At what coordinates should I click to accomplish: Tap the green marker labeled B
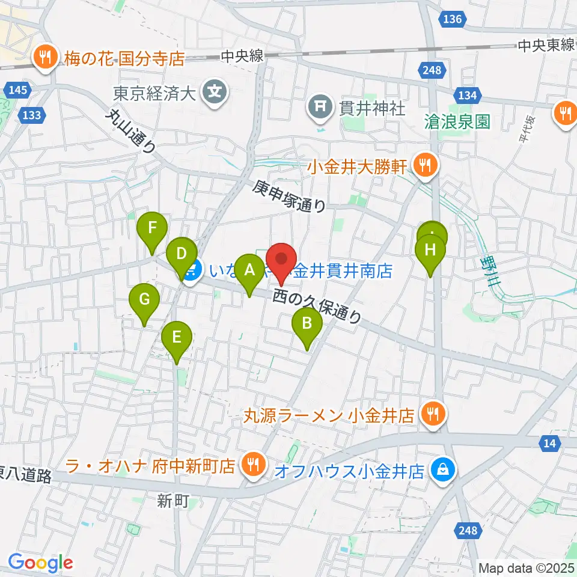coord(307,325)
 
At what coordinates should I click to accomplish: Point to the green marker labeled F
coord(152,229)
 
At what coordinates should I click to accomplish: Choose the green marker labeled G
coord(144,299)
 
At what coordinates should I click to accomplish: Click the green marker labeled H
coord(431,249)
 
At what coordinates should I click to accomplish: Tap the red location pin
coord(281,261)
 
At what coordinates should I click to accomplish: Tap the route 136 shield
coord(452,19)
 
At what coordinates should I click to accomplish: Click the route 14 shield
coord(549,442)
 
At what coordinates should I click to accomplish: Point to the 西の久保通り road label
coord(319,306)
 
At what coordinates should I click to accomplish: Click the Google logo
coord(40,563)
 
